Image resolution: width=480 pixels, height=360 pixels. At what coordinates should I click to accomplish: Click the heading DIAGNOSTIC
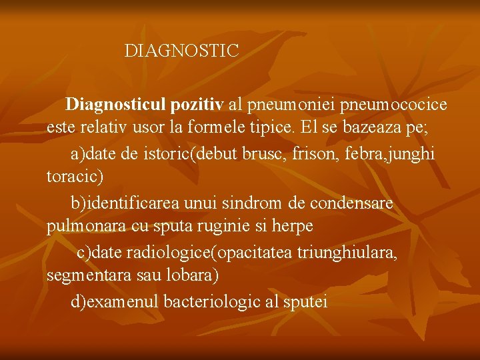181,51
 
